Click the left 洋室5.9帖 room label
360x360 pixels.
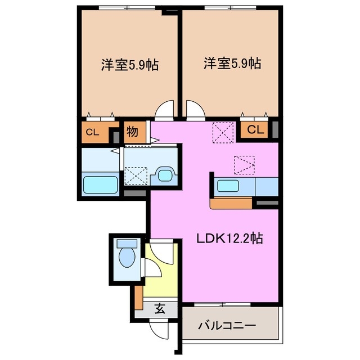[129, 65]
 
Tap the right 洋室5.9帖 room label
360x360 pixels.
[232, 64]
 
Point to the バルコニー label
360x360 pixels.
[227, 326]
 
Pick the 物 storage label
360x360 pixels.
[133, 133]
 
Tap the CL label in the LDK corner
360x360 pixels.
[255, 130]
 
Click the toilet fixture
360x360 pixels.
[127, 256]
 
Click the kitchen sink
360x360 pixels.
[230, 186]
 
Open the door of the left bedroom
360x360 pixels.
[165, 110]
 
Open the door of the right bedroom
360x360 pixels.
[194, 110]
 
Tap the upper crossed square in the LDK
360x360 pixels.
[222, 132]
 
